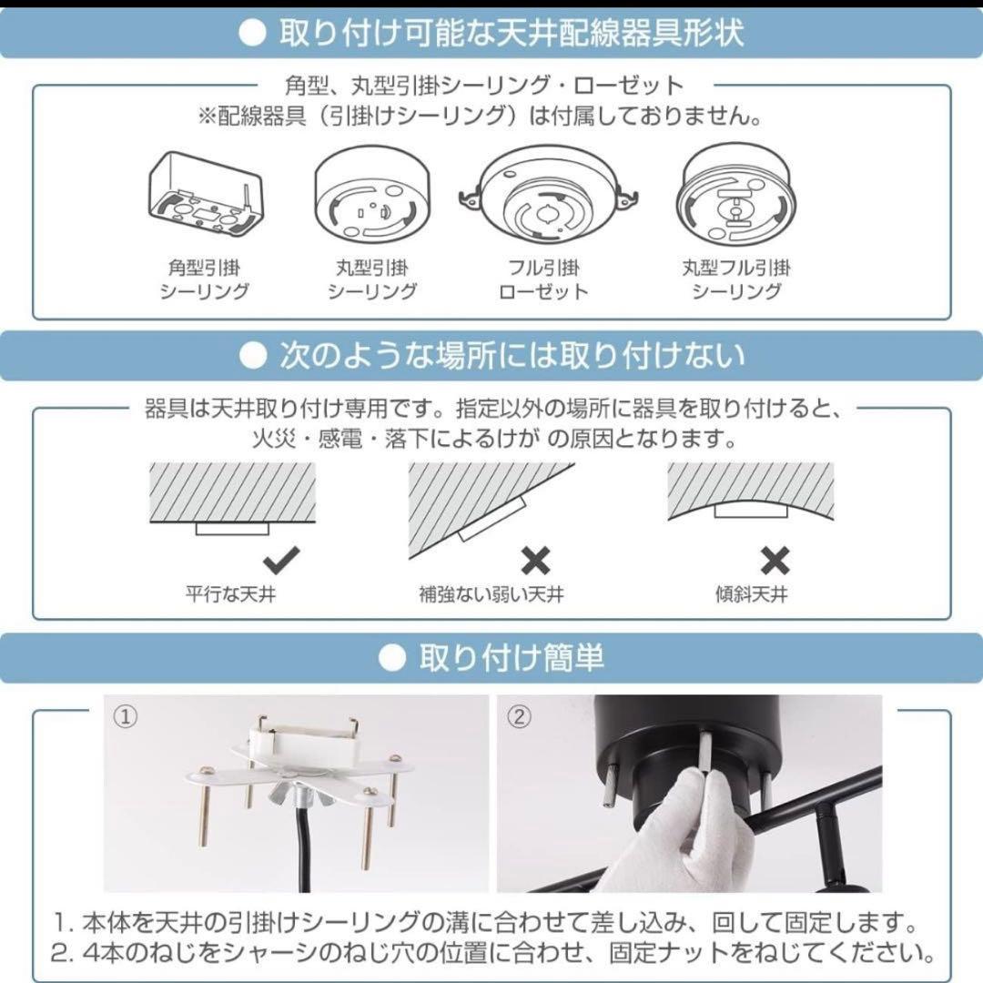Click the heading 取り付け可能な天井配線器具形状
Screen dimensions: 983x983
point(512,34)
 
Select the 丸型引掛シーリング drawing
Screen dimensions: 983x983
point(371,197)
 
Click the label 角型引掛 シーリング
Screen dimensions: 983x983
point(204,279)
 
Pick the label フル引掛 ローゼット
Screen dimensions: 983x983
point(542,279)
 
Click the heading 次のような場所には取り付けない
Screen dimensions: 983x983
point(512,356)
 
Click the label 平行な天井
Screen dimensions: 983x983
point(230,596)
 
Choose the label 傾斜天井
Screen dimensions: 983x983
point(751,596)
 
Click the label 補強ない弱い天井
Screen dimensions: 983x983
point(491,596)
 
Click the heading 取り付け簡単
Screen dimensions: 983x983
point(512,657)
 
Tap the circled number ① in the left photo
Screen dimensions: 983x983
point(125,717)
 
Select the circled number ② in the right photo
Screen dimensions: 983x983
point(518,717)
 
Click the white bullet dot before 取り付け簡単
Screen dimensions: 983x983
point(391,657)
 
